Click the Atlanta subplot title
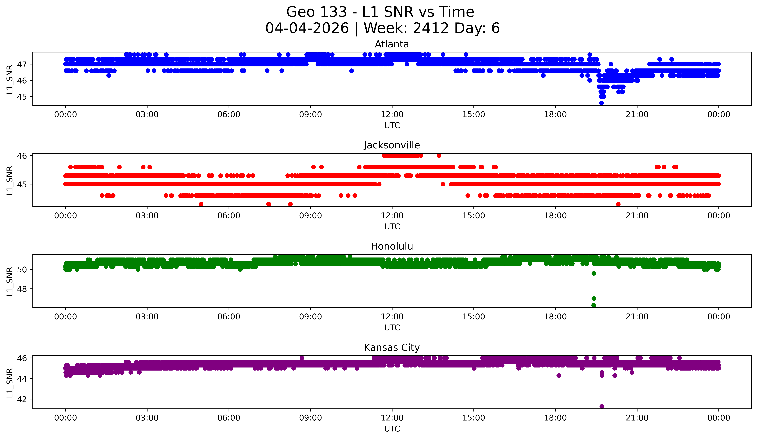[x=392, y=44]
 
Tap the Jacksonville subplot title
[x=392, y=145]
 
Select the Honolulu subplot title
[x=392, y=246]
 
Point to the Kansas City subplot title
[x=392, y=348]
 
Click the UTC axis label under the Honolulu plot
[x=392, y=328]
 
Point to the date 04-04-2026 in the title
[x=307, y=28]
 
